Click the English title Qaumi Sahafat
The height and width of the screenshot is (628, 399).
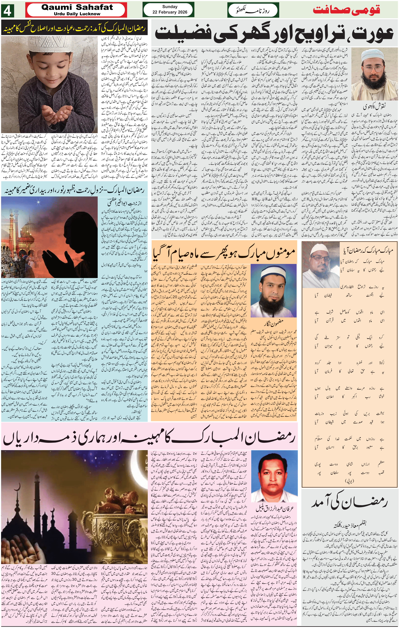(x=77, y=8)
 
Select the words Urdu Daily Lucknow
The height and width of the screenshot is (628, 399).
(x=77, y=14)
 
